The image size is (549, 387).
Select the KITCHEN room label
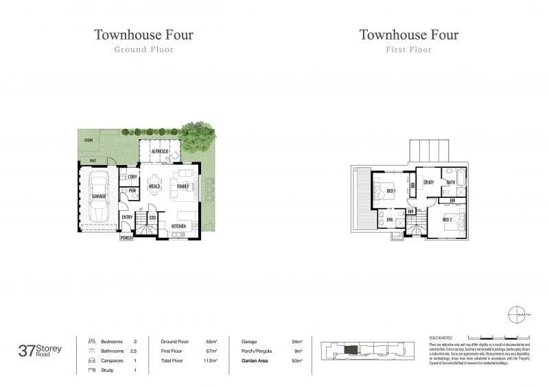[x=178, y=226]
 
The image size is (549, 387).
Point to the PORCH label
[x=126, y=238]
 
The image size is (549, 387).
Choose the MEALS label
[x=154, y=186]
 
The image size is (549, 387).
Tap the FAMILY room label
[x=183, y=186]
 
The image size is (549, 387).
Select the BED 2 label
[x=447, y=219]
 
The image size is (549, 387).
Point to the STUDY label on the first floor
[x=428, y=182]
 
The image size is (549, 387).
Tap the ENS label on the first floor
[x=389, y=219]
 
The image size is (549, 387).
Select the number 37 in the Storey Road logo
[x=27, y=351]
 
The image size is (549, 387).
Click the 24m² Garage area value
[x=296, y=341]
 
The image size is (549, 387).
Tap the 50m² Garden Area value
[x=296, y=360]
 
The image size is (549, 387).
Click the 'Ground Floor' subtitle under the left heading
[x=143, y=49]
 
